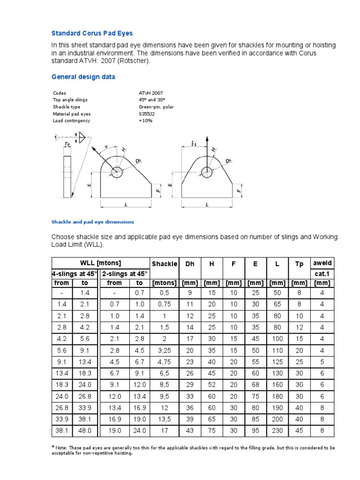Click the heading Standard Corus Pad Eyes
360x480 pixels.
92,33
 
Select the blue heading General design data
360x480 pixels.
83,77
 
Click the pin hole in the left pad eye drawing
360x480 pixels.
116,171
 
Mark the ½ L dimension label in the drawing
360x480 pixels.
194,142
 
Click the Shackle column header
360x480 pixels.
164,264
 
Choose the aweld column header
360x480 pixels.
322,264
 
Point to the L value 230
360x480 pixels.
277,431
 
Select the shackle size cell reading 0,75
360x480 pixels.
164,304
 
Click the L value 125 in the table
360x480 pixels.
277,361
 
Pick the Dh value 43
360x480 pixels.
189,431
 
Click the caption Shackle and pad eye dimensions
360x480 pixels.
92,222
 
